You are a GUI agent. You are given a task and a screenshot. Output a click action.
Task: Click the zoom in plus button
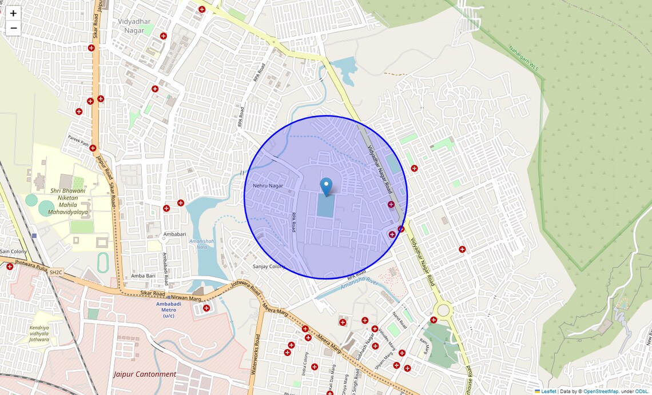click(x=13, y=13)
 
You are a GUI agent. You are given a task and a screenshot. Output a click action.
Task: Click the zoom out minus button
click(x=13, y=28)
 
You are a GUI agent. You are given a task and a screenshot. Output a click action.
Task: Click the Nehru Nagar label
click(x=268, y=186)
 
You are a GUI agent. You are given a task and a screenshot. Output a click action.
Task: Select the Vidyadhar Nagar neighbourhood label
click(x=131, y=26)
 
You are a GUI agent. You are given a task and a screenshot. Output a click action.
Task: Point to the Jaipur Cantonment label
click(x=145, y=374)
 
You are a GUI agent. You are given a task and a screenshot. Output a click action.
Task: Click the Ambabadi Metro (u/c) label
click(x=169, y=309)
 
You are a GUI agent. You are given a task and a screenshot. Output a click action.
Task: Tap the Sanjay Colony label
click(x=269, y=266)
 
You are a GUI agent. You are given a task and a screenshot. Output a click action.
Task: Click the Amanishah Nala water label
click(x=202, y=245)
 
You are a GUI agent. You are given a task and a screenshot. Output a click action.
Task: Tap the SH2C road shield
click(x=55, y=273)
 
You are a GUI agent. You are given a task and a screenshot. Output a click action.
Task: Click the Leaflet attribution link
click(x=548, y=392)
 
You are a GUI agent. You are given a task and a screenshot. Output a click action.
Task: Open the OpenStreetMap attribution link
click(x=601, y=392)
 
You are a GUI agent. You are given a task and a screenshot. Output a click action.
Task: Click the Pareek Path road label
click(x=78, y=141)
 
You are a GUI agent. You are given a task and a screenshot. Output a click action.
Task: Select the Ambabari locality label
click(x=174, y=234)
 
